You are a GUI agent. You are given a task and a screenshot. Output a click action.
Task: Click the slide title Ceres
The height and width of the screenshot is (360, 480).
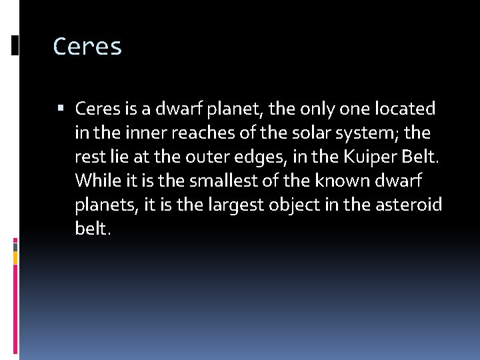[87, 47]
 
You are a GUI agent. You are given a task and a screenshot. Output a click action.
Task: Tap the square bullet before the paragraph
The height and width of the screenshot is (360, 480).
[62, 108]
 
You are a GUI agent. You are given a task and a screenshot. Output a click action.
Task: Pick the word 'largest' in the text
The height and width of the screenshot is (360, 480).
[231, 204]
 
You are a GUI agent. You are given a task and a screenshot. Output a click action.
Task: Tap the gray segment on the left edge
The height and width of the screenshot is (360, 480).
[15, 246]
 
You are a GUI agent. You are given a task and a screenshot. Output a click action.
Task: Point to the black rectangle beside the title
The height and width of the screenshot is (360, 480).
[15, 45]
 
